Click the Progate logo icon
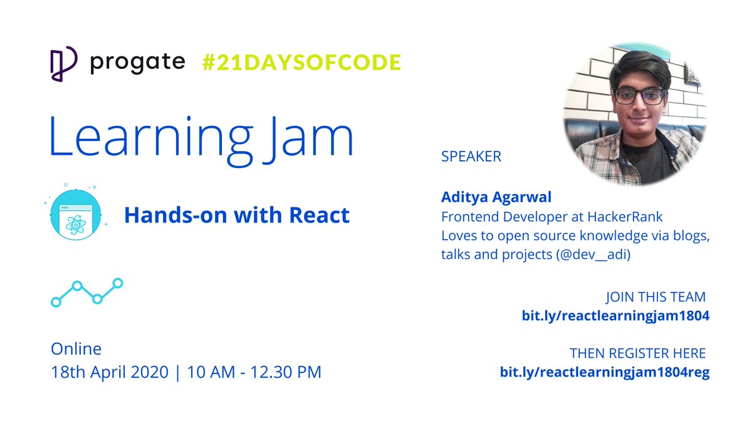click(63, 63)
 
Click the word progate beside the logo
click(137, 62)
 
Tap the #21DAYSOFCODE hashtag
click(301, 63)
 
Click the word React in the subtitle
click(319, 216)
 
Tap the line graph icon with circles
click(86, 293)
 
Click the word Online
click(76, 348)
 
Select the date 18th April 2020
click(110, 372)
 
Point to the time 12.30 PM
click(286, 372)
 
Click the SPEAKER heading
click(471, 157)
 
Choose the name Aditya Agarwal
click(496, 197)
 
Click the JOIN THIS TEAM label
click(655, 296)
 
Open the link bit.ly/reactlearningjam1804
click(615, 316)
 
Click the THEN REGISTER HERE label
click(637, 353)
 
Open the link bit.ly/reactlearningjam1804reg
click(604, 372)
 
